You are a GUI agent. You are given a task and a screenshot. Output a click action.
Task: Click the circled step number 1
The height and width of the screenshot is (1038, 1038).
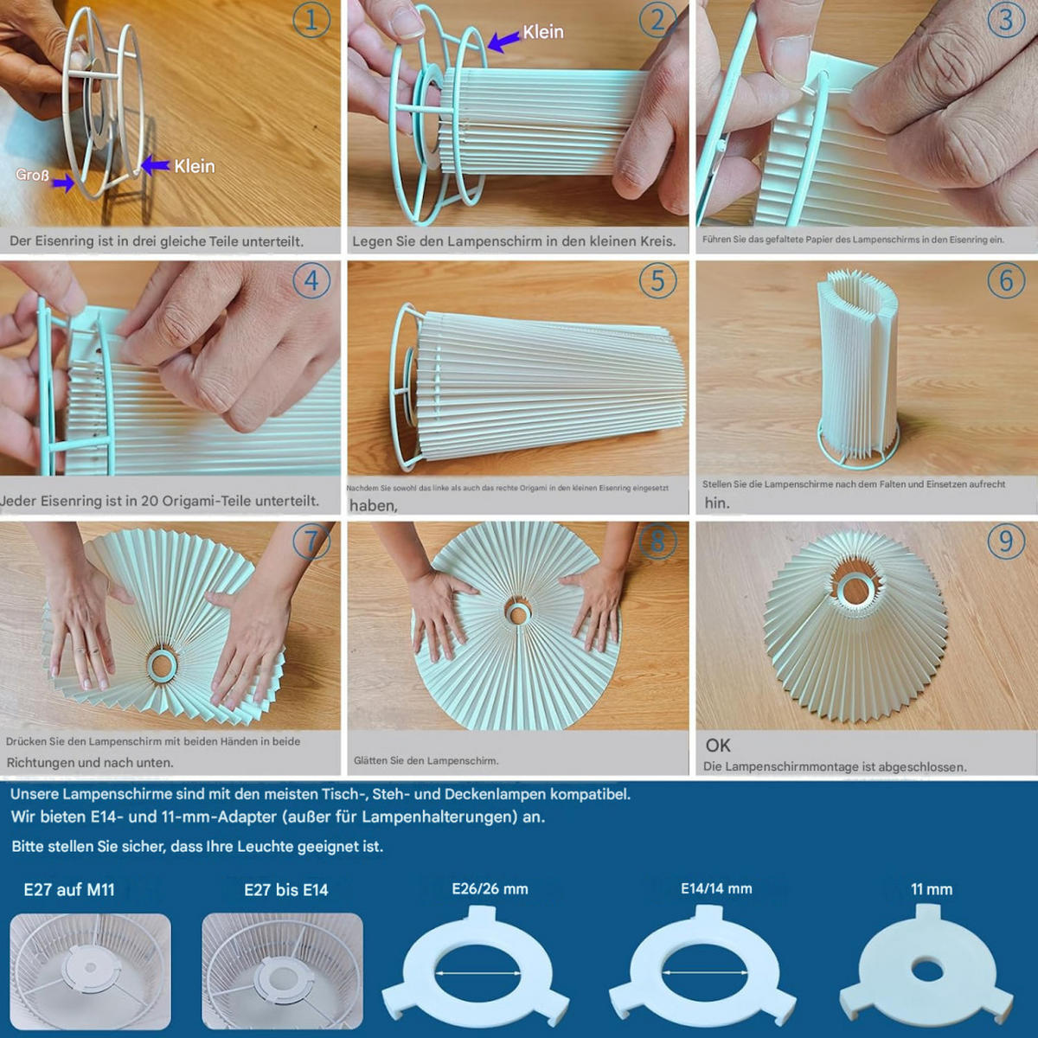click(x=311, y=20)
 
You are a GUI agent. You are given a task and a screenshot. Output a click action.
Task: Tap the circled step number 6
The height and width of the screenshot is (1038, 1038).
click(x=1006, y=280)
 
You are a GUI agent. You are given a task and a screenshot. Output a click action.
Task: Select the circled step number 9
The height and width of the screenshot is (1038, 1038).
click(x=1006, y=541)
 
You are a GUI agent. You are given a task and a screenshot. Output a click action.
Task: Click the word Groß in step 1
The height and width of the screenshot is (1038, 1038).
click(x=32, y=175)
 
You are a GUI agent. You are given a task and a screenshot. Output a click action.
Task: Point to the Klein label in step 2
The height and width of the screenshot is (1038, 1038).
click(x=543, y=32)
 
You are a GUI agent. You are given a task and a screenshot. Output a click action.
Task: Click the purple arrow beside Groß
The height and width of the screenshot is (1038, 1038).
click(x=63, y=183)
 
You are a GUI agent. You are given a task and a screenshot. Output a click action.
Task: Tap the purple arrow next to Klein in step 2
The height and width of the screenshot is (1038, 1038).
click(x=504, y=41)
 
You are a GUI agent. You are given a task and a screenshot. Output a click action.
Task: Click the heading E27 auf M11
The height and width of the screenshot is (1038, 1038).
click(x=69, y=889)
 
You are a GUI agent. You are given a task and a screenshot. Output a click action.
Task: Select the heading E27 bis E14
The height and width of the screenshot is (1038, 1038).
click(x=286, y=889)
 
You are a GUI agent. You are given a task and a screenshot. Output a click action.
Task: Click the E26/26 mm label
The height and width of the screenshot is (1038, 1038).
click(x=490, y=889)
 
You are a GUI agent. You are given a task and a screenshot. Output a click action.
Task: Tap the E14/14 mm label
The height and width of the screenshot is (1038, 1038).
click(x=716, y=889)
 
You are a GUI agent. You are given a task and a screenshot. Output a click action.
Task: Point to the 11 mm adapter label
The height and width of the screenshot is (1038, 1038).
click(x=932, y=889)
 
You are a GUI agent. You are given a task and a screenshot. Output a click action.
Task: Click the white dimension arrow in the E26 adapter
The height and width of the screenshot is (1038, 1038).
click(x=477, y=973)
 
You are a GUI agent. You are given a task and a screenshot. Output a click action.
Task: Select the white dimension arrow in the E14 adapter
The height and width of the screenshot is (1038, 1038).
click(x=705, y=973)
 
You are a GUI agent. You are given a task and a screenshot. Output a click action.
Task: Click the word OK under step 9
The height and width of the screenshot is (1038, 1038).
click(x=717, y=746)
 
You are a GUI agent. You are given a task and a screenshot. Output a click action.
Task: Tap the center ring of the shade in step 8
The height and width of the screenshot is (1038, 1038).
click(x=518, y=612)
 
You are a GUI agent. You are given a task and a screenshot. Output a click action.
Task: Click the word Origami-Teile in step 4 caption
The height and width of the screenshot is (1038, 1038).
click(x=215, y=501)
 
